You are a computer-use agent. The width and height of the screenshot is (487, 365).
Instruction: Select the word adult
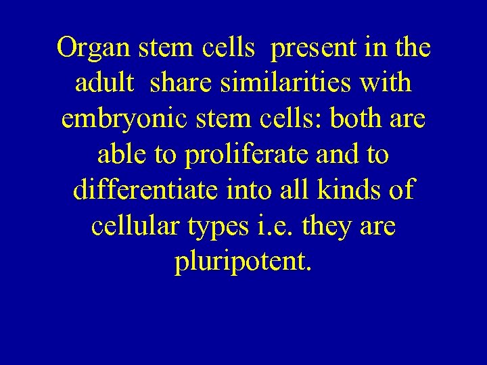pos(106,85)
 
